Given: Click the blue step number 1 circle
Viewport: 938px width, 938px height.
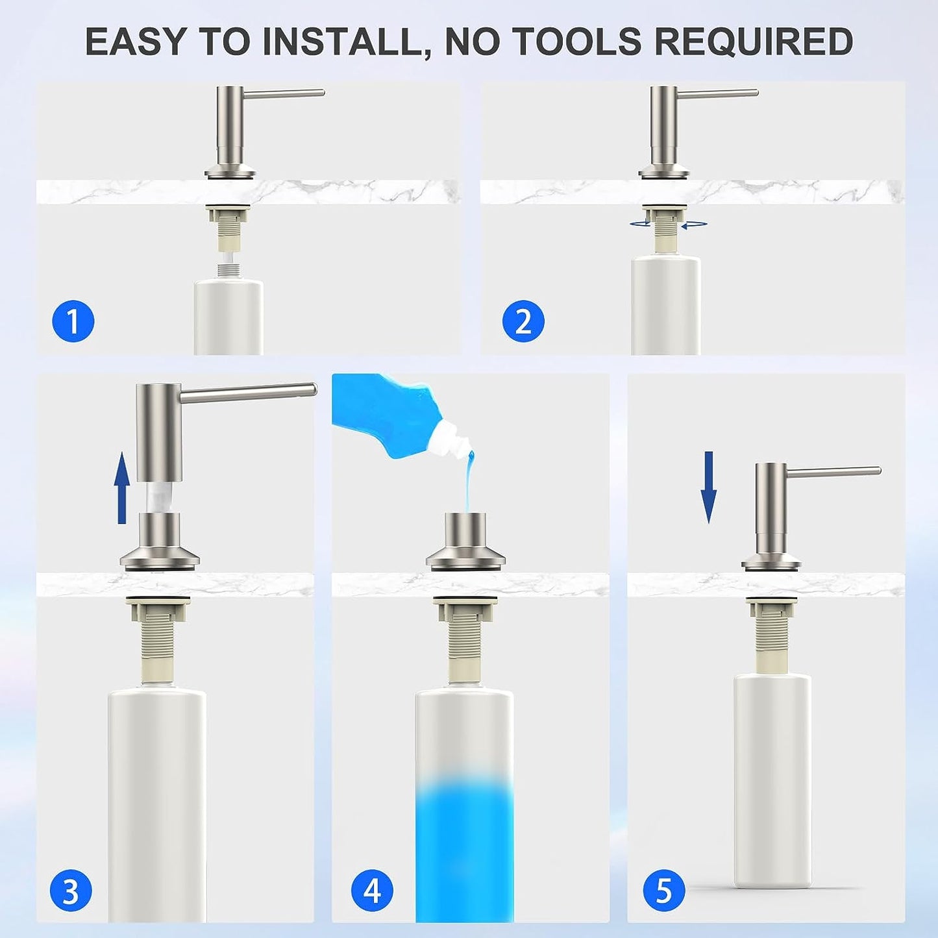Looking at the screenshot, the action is (73, 321).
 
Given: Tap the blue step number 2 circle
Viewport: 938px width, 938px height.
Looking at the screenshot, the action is (523, 321).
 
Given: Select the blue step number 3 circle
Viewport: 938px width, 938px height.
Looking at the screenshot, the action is (71, 892).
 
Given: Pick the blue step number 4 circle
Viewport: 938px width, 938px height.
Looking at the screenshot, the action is (373, 891).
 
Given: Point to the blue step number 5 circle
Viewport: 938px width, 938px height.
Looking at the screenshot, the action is (664, 891).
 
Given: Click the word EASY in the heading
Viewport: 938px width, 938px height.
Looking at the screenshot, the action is (135, 42).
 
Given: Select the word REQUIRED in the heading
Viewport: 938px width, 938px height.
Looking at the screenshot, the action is (754, 42).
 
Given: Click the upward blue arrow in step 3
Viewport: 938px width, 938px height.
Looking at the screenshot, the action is (122, 488).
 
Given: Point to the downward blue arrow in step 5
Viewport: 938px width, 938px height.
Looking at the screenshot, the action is (709, 488).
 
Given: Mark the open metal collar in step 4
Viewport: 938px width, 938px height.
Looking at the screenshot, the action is (464, 540).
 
